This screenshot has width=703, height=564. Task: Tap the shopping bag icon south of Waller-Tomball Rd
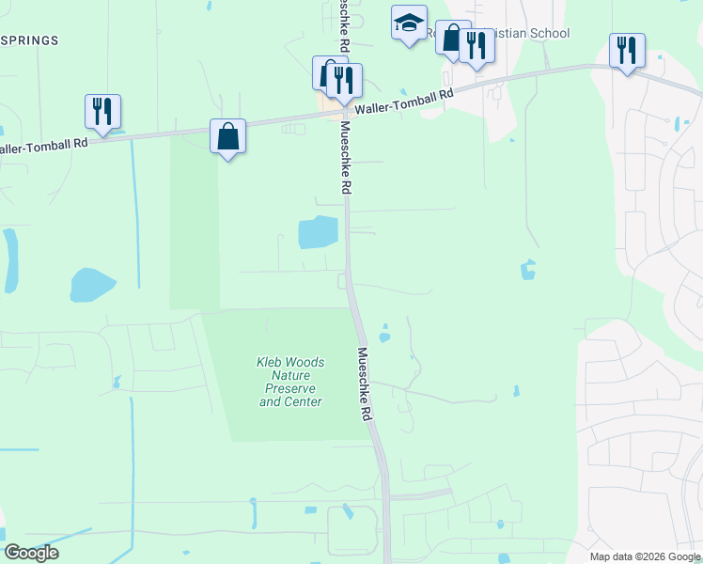click(x=228, y=136)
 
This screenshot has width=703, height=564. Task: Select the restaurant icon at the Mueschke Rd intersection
click(x=345, y=80)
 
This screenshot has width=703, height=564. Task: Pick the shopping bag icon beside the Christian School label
click(x=452, y=38)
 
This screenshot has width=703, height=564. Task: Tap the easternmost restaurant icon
click(x=627, y=50)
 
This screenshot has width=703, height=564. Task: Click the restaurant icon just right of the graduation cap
click(x=476, y=46)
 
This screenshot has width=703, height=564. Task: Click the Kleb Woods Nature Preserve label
click(x=291, y=382)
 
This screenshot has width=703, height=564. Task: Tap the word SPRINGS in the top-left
click(x=30, y=40)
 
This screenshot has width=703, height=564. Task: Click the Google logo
click(x=31, y=553)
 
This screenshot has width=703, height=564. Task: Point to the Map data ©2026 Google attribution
click(x=646, y=556)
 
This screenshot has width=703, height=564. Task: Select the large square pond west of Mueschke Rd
click(x=318, y=232)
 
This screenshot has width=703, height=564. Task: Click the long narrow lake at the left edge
click(x=10, y=259)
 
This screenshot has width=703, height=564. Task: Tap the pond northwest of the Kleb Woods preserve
click(x=91, y=284)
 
